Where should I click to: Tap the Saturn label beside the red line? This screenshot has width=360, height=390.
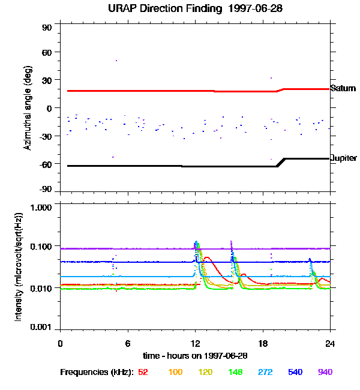(x=343, y=88)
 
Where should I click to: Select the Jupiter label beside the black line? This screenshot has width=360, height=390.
(x=344, y=158)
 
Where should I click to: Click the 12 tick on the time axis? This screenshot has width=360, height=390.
(x=195, y=344)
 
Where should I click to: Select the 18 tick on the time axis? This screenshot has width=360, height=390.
(x=263, y=344)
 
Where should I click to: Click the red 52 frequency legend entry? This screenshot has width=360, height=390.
(x=143, y=372)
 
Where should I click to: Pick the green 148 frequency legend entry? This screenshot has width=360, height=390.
(x=235, y=372)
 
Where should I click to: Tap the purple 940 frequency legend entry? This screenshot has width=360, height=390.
(x=325, y=372)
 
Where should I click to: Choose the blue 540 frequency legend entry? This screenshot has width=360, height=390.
(x=295, y=372)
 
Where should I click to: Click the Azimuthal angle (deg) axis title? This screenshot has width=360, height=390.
(x=27, y=109)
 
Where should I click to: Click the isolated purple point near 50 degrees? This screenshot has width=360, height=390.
(x=116, y=60)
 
